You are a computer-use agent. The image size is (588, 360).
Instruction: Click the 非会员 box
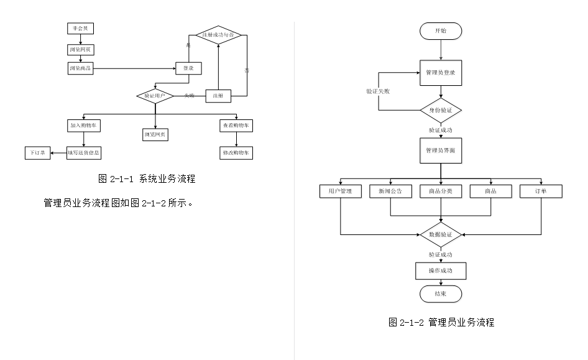tap(81, 29)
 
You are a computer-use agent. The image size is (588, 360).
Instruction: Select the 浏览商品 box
tap(81, 68)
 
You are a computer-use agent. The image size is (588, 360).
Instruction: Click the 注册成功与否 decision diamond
tap(218, 35)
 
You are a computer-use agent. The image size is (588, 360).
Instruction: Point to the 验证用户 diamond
tap(155, 96)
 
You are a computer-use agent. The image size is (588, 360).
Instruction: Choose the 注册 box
tap(218, 96)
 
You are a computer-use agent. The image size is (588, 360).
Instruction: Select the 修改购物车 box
tap(236, 153)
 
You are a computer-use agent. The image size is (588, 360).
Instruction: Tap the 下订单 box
tap(38, 153)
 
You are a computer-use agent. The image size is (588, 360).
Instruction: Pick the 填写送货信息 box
tap(84, 153)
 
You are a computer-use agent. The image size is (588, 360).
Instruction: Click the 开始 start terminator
tap(441, 31)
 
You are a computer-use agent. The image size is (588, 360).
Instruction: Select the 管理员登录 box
tap(441, 73)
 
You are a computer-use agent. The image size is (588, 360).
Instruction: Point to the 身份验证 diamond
tap(441, 111)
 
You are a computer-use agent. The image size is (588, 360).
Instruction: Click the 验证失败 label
tap(378, 91)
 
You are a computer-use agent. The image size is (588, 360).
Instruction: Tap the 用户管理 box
tap(340, 191)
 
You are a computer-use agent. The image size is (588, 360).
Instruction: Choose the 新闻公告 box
tap(390, 191)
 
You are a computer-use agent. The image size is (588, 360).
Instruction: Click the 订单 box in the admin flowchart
tap(541, 191)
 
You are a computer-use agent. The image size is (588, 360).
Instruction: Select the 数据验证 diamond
tap(441, 235)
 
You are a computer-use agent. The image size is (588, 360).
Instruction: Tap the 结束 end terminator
tap(441, 293)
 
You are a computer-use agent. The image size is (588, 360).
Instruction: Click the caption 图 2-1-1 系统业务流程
tap(147, 179)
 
